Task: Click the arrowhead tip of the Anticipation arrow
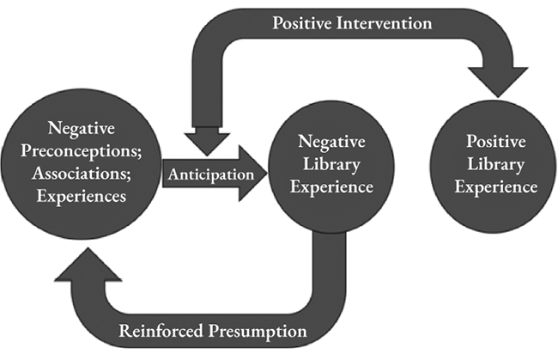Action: (x=264, y=174)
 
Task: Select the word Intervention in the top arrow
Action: (x=385, y=23)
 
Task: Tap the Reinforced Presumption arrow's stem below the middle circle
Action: (x=331, y=258)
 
